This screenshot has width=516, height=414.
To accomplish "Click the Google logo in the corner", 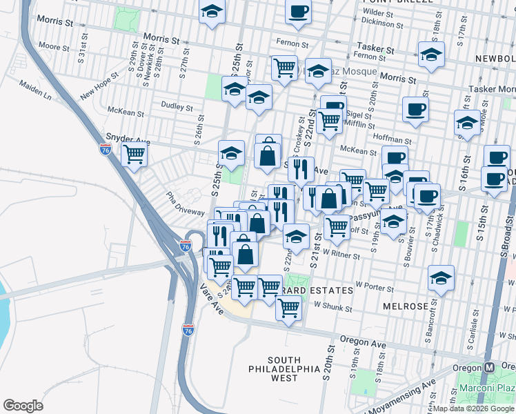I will pos(23,405).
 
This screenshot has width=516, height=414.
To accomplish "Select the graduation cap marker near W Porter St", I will pos(441,278).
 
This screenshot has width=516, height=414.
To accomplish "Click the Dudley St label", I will pos(177,107).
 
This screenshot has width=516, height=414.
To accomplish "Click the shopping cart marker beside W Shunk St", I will pos(288,308).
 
